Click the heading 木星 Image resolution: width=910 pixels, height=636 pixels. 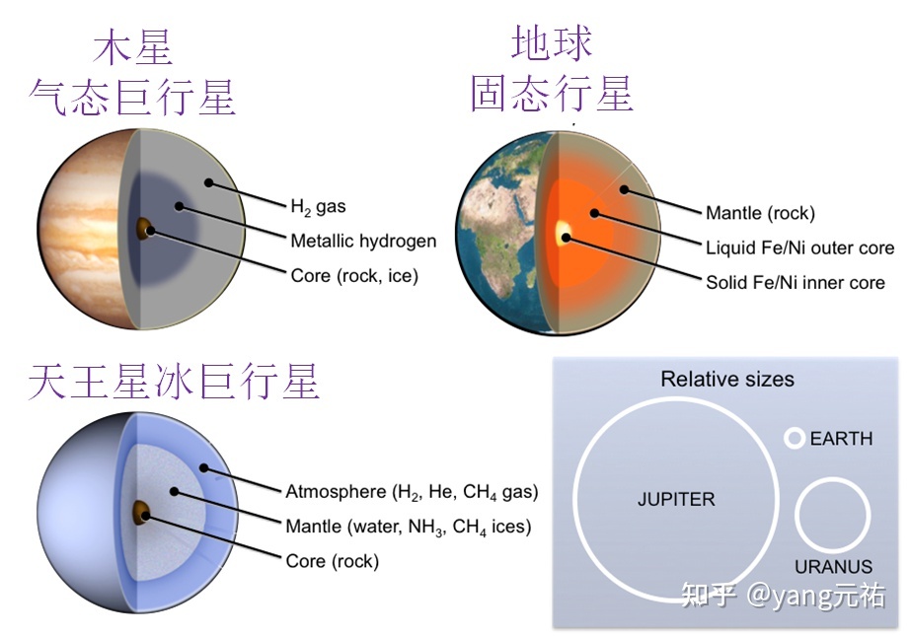click(133, 47)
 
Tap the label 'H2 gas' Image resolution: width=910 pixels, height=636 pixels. click(318, 207)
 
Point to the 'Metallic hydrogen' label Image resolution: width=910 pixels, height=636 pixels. click(363, 241)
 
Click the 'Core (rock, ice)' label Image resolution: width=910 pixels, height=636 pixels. click(354, 276)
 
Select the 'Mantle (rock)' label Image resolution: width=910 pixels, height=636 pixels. click(760, 213)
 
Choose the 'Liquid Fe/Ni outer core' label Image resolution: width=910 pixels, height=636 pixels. click(799, 247)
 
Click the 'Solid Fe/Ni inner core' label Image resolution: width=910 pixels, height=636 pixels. click(796, 282)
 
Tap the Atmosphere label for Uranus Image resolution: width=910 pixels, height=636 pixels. click(412, 491)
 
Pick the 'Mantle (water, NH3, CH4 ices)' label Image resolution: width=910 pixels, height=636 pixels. click(408, 527)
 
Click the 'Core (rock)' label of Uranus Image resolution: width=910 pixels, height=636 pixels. click(332, 561)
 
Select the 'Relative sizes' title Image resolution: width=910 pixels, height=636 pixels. click(727, 379)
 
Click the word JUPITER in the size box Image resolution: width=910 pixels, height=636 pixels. click(676, 499)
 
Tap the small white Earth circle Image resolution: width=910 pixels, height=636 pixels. click(794, 439)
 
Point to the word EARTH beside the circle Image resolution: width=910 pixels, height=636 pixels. click(841, 439)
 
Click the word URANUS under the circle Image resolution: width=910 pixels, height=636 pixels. click(833, 567)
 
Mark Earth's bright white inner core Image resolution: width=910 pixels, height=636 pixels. click(564, 233)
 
